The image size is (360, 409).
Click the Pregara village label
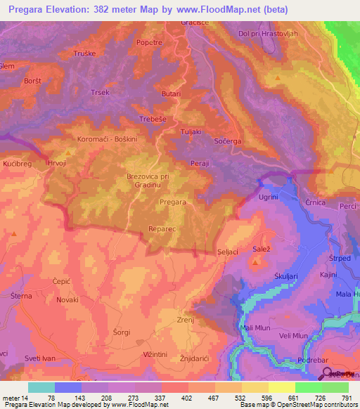pos(173,202)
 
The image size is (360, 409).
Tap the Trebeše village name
pos(153,119)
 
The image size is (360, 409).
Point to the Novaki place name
pos(67,299)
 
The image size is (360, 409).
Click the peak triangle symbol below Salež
pos(256,262)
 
